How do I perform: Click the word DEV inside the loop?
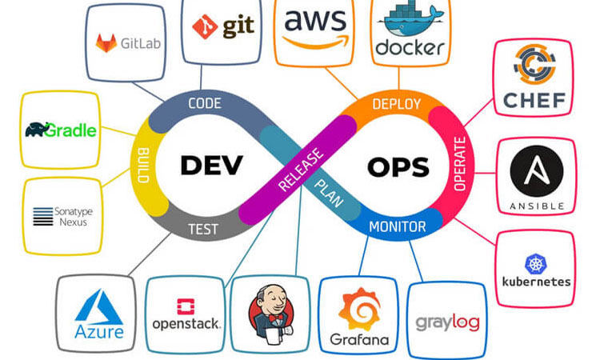(x=210, y=166)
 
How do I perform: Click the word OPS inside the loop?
(x=398, y=167)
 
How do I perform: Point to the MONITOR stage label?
(x=397, y=227)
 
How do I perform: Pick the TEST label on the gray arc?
(x=203, y=228)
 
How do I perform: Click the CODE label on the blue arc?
(x=204, y=103)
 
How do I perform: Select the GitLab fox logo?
(x=106, y=42)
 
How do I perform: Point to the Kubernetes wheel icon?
(x=535, y=264)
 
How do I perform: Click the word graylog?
(x=447, y=323)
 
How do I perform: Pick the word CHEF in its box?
(x=535, y=101)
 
